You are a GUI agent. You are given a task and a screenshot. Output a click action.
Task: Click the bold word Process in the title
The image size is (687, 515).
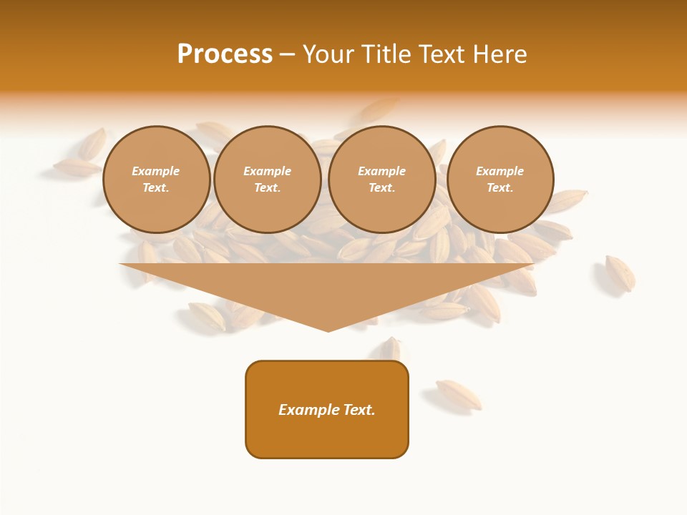point(225,54)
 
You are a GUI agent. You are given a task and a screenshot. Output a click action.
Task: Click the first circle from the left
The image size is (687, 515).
point(157,180)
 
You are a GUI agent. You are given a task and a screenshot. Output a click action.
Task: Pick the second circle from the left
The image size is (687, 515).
point(268,180)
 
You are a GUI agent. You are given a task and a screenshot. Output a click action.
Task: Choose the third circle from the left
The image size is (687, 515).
point(382,180)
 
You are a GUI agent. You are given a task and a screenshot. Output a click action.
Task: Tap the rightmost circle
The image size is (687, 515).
point(500,180)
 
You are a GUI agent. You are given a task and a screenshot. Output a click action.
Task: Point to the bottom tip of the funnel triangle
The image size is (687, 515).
point(328,330)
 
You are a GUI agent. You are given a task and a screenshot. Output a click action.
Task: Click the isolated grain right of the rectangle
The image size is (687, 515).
point(459,394)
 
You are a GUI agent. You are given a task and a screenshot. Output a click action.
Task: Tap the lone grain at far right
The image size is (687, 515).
point(620,273)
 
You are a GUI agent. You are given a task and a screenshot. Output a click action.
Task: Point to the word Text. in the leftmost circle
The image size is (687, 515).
point(156,188)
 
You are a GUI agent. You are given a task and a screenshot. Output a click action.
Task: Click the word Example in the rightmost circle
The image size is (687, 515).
point(500,171)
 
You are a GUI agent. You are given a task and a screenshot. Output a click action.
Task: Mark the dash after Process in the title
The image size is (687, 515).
point(288,55)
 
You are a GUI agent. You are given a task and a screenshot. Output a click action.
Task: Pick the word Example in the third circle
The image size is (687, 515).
point(382,171)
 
